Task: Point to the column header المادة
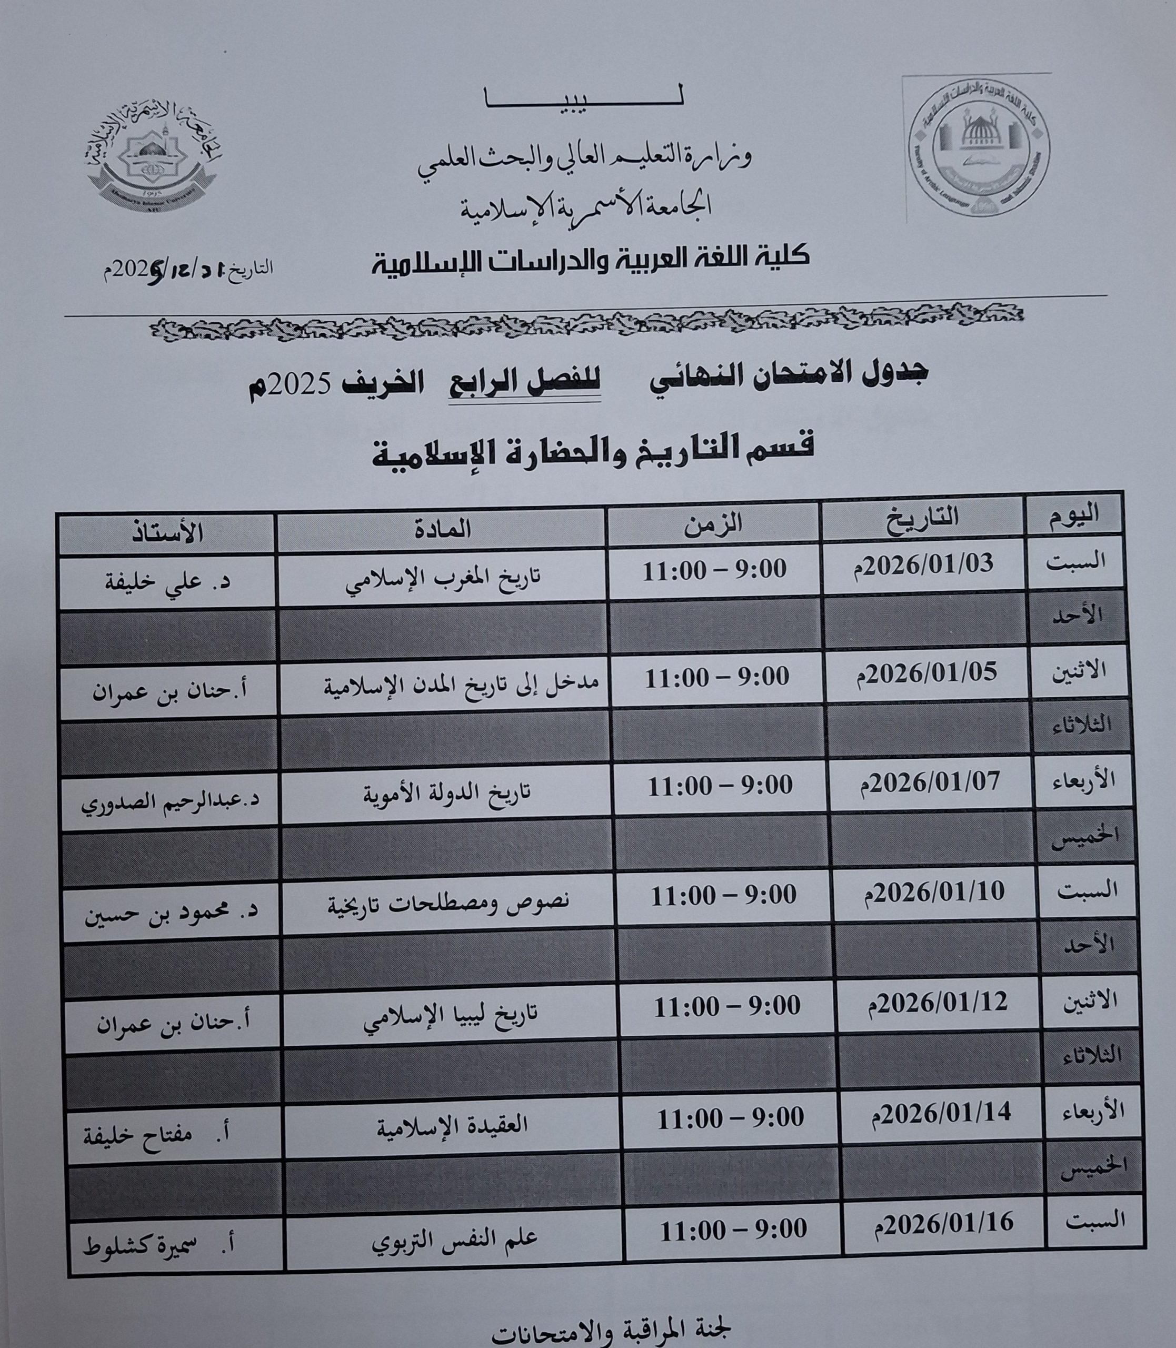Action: pyautogui.click(x=441, y=528)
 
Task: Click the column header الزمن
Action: pyautogui.click(x=713, y=524)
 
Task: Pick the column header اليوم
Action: pyautogui.click(x=1074, y=517)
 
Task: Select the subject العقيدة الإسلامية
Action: pyautogui.click(x=452, y=1126)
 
